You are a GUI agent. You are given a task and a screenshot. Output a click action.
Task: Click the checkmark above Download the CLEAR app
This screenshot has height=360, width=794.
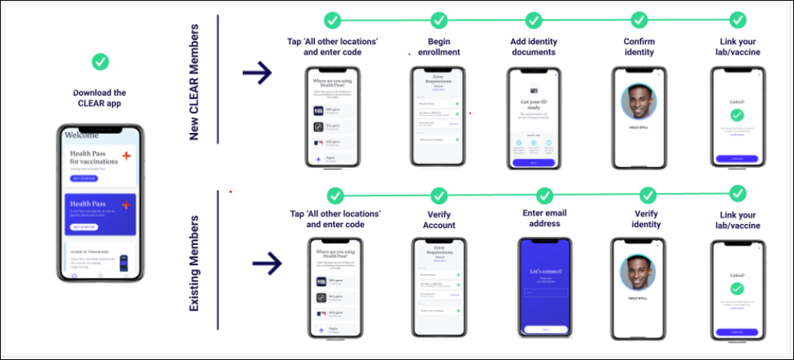(x=100, y=61)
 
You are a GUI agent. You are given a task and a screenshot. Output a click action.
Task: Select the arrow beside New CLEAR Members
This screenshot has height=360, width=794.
(x=257, y=74)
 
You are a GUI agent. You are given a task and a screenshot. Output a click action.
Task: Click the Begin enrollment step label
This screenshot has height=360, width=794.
(x=439, y=46)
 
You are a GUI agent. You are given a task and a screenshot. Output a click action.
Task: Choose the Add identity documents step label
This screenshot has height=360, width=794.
(x=533, y=46)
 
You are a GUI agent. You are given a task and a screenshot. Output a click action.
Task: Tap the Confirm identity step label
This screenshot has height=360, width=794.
(x=639, y=46)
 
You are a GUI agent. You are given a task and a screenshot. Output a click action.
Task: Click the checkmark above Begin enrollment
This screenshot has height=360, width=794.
(x=439, y=19)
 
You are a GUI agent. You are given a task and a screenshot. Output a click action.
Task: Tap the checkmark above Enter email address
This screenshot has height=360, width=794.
(x=545, y=193)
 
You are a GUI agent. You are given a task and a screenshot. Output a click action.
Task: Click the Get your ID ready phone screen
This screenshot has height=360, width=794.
(x=533, y=117)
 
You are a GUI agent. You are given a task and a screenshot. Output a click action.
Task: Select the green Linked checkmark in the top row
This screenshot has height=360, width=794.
(x=736, y=114)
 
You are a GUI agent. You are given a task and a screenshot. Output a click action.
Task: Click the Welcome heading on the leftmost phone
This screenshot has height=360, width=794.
(x=82, y=135)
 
